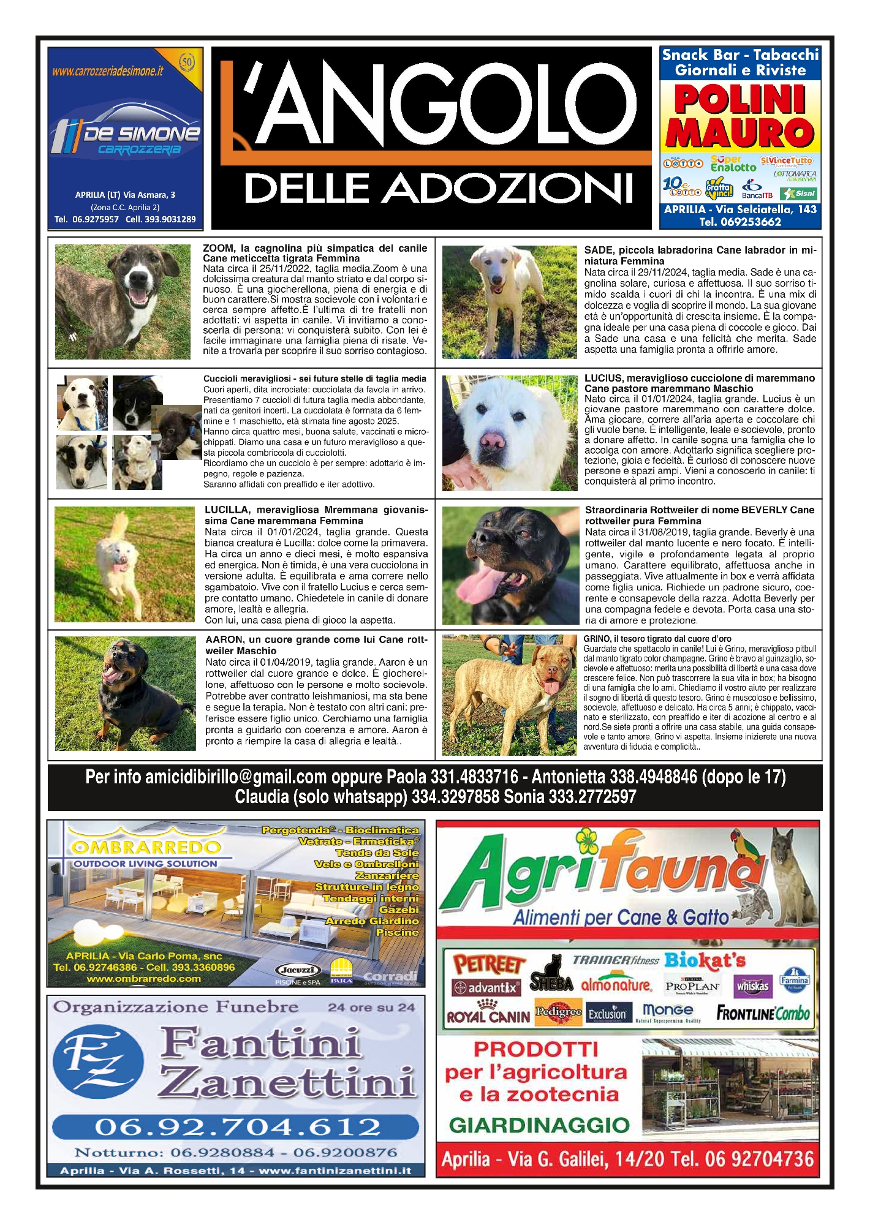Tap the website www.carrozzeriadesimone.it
(108, 71)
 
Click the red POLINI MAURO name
(739, 116)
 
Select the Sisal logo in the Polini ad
(799, 194)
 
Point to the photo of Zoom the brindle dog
(123, 301)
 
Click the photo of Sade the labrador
(509, 302)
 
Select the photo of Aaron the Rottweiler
(125, 693)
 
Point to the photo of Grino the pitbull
(509, 695)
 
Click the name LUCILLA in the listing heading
(227, 510)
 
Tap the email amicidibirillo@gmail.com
(236, 777)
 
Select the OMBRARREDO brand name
(146, 848)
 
